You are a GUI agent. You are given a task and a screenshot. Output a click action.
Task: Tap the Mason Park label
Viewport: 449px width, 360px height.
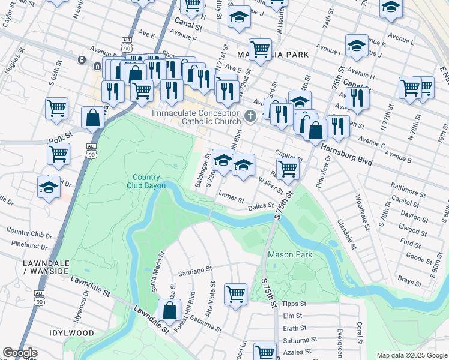(290, 254)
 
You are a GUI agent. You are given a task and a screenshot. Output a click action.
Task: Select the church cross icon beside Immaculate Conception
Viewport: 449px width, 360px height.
(251, 115)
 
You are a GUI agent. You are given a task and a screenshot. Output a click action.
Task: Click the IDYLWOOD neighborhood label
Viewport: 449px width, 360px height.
(73, 332)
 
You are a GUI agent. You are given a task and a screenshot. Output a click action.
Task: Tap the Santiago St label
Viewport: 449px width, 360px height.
(195, 271)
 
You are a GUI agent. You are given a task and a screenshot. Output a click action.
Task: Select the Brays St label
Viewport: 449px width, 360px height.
(410, 281)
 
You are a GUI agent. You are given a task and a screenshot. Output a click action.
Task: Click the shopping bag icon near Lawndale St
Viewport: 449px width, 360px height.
(170, 310)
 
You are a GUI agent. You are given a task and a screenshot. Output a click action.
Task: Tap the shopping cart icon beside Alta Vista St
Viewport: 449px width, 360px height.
(235, 294)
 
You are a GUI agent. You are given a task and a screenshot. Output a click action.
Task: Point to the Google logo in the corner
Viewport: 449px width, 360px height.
(20, 353)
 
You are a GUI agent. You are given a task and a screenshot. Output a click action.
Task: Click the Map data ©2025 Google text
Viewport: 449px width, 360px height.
(411, 355)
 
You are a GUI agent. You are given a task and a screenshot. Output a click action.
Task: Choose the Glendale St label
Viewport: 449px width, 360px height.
(347, 233)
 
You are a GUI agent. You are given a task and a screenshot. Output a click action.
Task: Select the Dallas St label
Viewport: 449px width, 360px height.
(261, 207)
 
